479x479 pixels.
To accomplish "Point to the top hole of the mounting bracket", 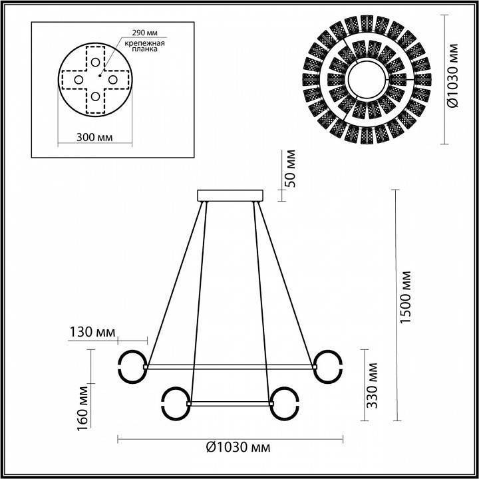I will [96, 63].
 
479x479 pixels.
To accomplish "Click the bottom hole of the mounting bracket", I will [96, 96].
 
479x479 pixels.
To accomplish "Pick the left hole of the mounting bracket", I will [79, 80].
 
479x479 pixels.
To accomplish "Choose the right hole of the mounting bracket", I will [113, 80].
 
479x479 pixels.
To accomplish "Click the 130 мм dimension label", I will [91, 332].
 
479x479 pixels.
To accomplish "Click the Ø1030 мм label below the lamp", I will [238, 447].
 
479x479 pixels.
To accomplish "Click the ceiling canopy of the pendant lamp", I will [230, 196].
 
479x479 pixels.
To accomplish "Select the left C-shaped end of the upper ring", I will [130, 367].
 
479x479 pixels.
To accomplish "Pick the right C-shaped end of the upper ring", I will [329, 367].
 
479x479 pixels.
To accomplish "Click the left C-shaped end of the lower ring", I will [174, 403].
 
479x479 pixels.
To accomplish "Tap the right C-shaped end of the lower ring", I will [285, 403].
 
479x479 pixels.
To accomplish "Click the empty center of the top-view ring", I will [367, 80].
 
